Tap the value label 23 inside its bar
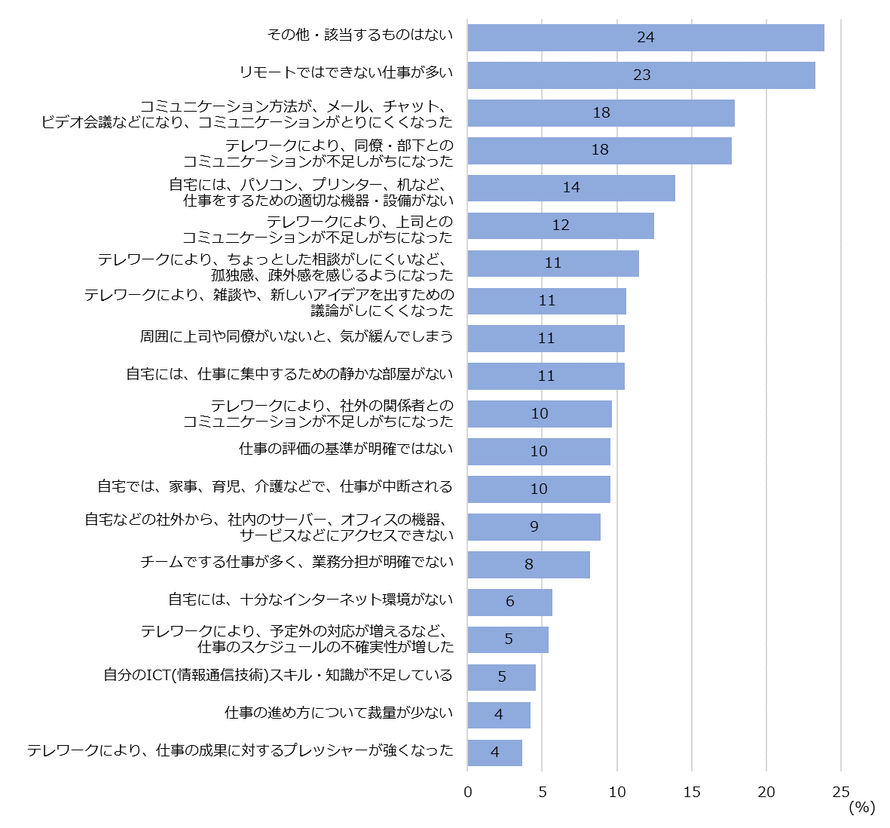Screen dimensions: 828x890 (642, 75)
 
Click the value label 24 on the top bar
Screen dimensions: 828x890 (646, 37)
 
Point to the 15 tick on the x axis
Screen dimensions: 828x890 (692, 792)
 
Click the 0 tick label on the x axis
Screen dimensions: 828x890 (468, 792)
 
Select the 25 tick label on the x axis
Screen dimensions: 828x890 (841, 792)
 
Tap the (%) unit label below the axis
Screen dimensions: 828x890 (862, 808)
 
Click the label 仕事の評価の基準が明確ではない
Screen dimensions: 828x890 (346, 449)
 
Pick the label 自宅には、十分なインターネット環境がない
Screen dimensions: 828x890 (310, 600)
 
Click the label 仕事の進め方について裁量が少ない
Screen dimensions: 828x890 (339, 713)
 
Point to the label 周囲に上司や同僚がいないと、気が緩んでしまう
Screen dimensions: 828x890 (296, 336)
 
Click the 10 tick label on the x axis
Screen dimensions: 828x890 (617, 792)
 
